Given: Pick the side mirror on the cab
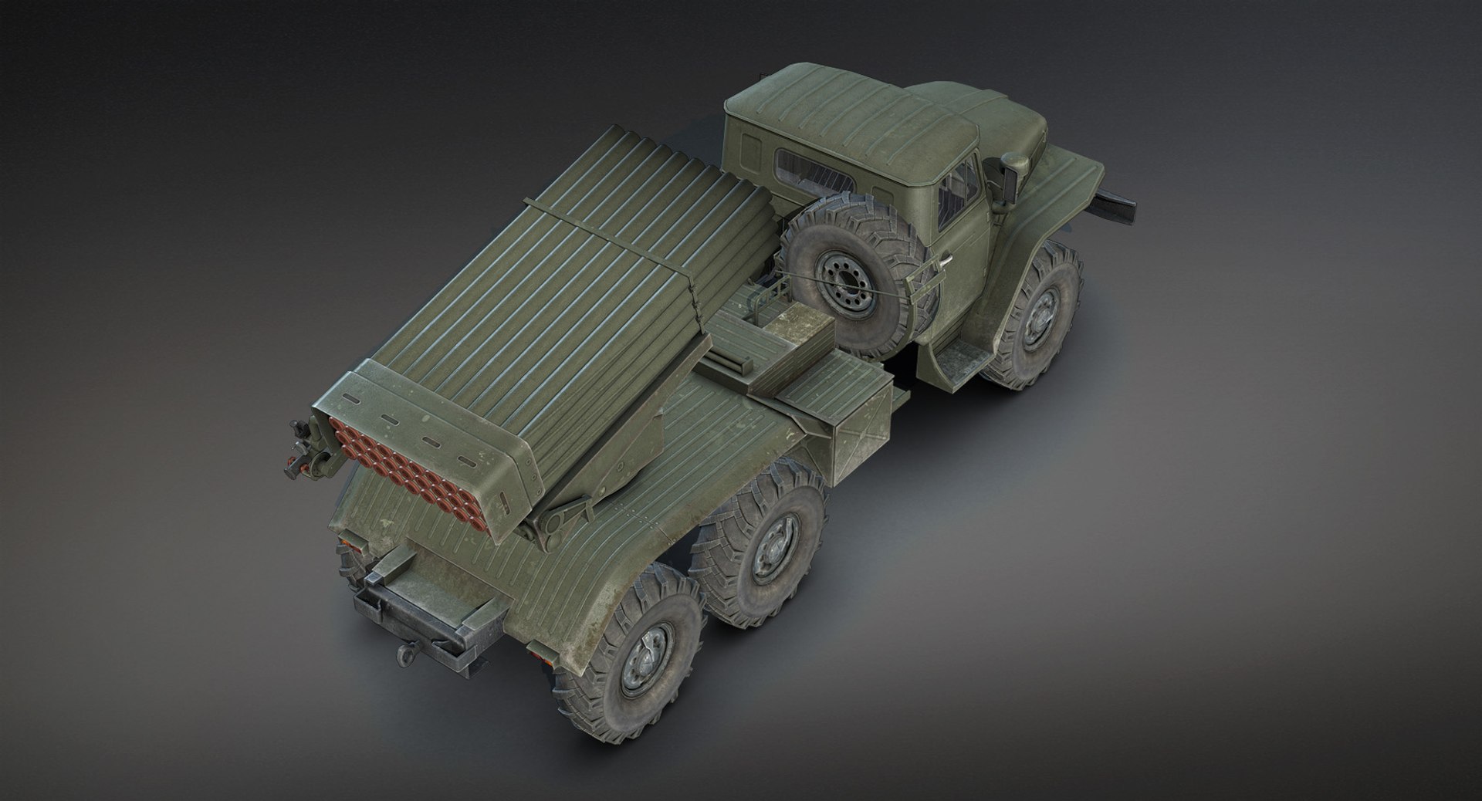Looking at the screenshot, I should pos(1013,166).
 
